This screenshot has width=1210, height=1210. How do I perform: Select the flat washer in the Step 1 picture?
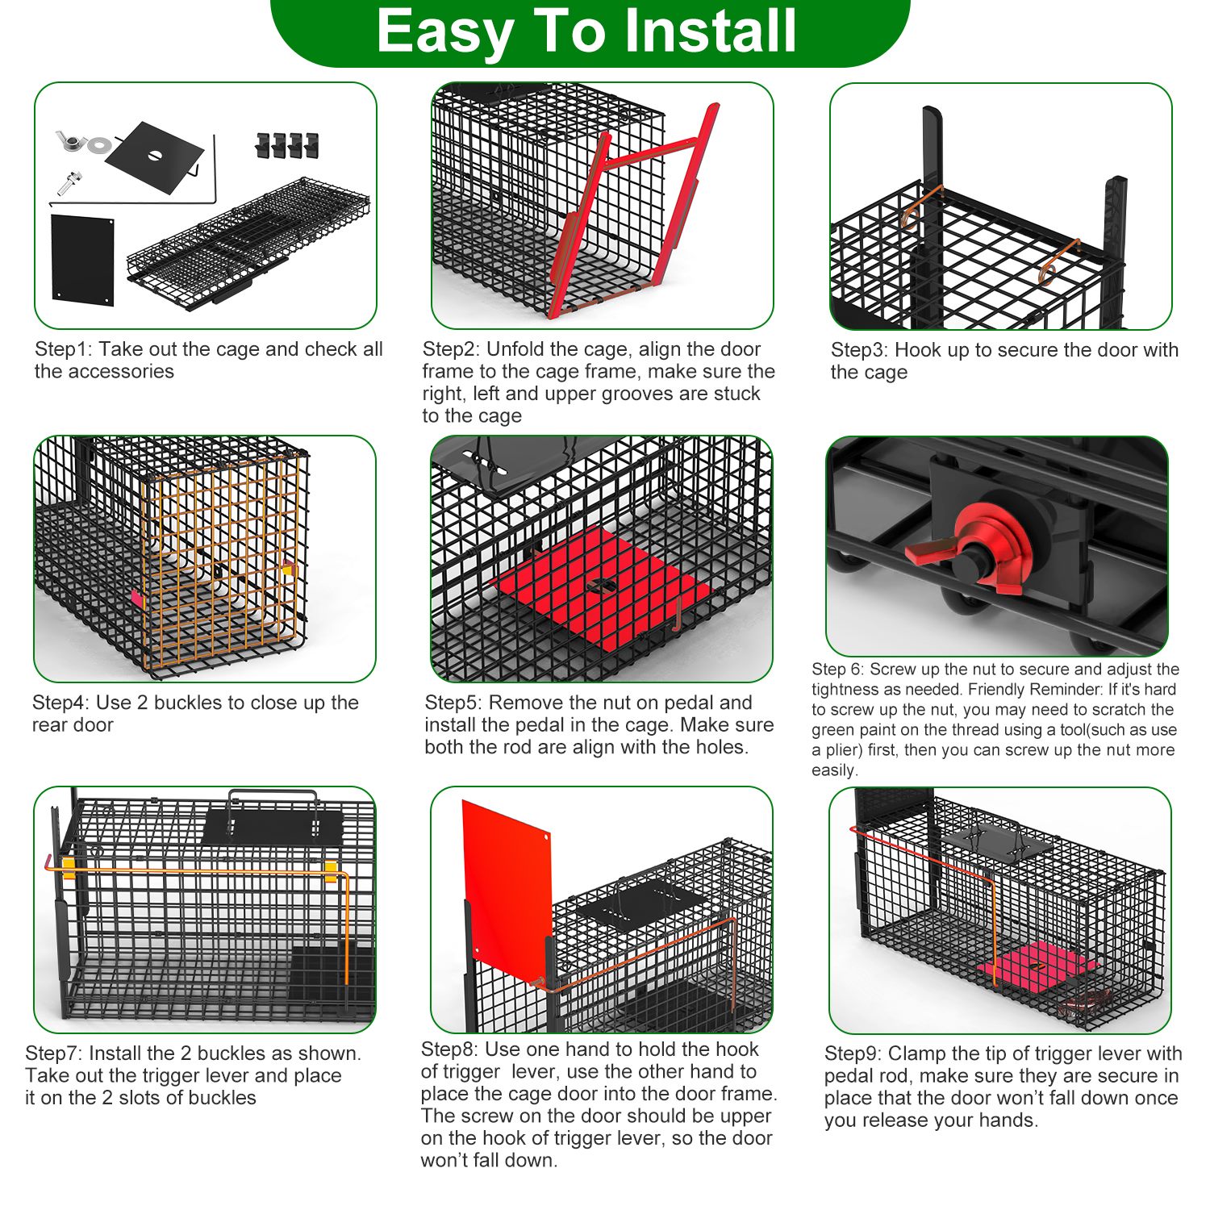tap(100, 144)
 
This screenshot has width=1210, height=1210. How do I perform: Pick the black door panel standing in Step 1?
tap(82, 260)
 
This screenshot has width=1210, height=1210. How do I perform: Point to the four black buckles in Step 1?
tap(287, 145)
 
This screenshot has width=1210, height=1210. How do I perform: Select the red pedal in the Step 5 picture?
tap(601, 586)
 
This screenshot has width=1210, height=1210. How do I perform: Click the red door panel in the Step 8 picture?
tap(507, 882)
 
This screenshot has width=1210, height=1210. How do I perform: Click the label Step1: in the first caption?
tap(64, 349)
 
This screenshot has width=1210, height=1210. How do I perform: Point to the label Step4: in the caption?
tap(62, 703)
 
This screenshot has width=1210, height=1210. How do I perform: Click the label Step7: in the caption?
tap(54, 1054)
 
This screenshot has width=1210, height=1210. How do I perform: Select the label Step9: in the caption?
tap(853, 1054)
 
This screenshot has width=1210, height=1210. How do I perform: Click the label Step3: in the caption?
tap(860, 350)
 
